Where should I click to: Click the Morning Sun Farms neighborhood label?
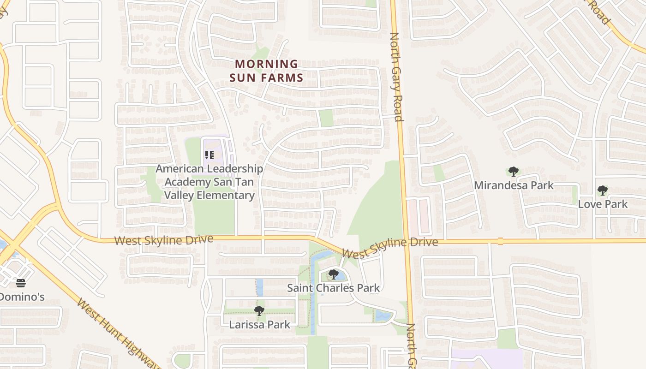[266, 71]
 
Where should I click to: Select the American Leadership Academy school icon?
[209, 155]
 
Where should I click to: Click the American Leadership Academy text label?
[209, 182]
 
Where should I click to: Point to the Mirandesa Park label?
[514, 185]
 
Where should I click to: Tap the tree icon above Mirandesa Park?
[513, 172]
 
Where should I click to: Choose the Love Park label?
[603, 204]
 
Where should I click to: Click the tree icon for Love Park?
[602, 190]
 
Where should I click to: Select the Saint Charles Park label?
[333, 288]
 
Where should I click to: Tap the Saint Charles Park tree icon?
[334, 274]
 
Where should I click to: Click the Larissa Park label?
[260, 324]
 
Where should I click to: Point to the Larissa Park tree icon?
[259, 311]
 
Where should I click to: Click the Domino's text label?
[21, 297]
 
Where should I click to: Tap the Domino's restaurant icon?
[21, 283]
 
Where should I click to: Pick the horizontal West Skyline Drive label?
[164, 240]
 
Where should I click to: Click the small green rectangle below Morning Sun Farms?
[326, 118]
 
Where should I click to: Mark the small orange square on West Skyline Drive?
[500, 241]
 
